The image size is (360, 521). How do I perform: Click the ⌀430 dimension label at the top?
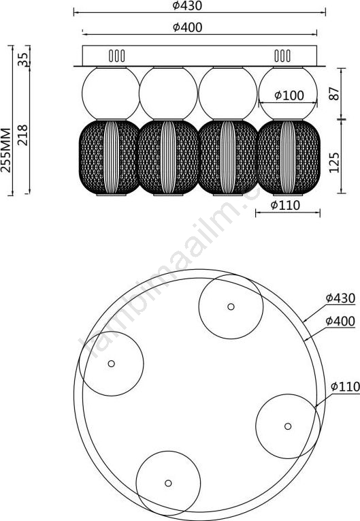tap(187, 5)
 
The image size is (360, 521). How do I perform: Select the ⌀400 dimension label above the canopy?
tap(187, 27)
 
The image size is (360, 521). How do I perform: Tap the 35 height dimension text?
tap(23, 59)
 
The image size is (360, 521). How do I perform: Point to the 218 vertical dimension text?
tap(23, 135)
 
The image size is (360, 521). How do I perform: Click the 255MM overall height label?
tap(5, 150)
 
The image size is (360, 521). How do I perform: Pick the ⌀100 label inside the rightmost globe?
tap(289, 95)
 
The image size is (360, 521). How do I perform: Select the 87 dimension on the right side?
tap(334, 94)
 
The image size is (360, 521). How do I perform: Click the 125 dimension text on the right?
tap(334, 163)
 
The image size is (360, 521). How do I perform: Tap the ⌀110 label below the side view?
tap(285, 206)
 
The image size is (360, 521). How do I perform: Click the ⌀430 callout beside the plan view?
tap(340, 298)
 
